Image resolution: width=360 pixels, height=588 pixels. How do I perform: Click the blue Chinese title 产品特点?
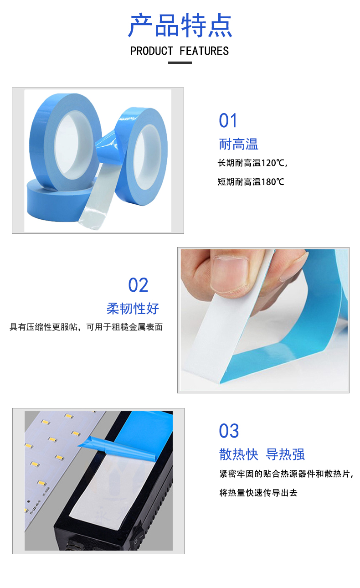(180, 26)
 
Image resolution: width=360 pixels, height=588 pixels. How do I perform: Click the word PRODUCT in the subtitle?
(151, 51)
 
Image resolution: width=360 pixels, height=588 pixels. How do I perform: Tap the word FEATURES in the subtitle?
(204, 51)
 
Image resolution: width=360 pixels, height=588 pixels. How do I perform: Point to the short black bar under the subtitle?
(180, 63)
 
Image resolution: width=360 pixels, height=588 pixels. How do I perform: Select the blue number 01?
(228, 121)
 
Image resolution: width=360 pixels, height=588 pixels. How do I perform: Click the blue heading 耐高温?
(238, 144)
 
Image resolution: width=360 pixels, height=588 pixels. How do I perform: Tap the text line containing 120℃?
(252, 163)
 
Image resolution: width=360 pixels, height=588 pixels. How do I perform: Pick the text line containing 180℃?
(251, 182)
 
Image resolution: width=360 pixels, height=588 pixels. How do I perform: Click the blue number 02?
(138, 285)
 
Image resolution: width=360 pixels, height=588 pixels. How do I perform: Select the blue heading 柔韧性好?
(133, 309)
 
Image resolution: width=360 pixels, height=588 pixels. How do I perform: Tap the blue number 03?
(229, 431)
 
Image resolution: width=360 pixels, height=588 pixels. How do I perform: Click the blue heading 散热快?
(238, 454)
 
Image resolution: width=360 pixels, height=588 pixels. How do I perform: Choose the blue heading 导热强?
(285, 454)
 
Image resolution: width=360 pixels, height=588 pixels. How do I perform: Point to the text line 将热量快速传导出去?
(258, 493)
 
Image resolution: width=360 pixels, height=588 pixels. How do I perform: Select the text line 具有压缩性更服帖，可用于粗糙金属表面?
(86, 327)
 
